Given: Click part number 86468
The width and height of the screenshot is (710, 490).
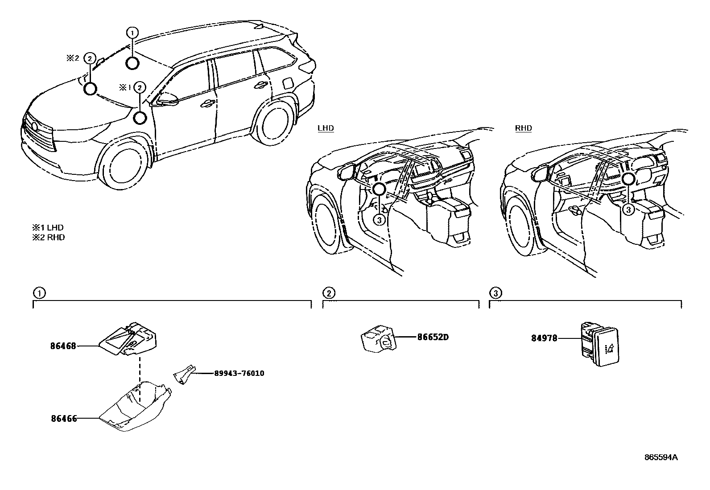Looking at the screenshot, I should click(64, 346).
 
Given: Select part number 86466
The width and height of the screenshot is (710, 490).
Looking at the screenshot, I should click(64, 419).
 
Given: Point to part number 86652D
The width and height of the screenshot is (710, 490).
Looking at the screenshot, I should click(433, 337).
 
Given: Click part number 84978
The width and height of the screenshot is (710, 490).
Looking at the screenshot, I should click(544, 338).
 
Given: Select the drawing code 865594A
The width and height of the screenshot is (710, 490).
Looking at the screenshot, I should click(661, 457).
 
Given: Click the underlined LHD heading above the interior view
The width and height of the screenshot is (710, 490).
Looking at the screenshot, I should click(326, 128).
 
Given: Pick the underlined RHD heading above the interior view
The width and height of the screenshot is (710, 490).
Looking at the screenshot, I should click(523, 128).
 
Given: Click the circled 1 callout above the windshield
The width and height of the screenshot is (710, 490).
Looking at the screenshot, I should click(132, 32).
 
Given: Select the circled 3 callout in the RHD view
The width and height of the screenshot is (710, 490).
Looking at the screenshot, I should click(628, 209).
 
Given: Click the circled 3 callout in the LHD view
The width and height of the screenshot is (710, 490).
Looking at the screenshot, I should click(379, 219).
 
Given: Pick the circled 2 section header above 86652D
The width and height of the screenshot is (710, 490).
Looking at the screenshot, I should click(329, 293).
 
